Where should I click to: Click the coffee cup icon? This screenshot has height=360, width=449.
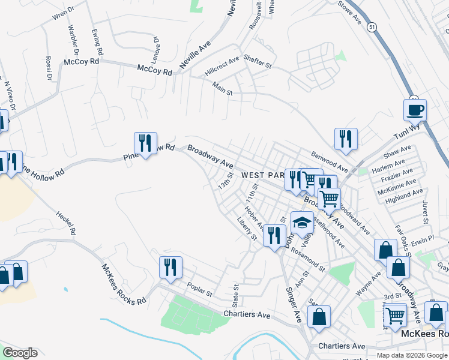point(415,111)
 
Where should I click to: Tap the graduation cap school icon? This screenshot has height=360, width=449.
point(302,224)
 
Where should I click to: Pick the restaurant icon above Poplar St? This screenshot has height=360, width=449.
point(170,268)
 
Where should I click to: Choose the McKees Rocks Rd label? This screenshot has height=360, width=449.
point(124,285)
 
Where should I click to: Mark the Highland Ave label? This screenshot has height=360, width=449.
point(404,196)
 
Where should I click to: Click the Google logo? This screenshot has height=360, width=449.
point(20,353)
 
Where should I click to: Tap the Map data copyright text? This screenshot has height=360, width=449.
point(411,355)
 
